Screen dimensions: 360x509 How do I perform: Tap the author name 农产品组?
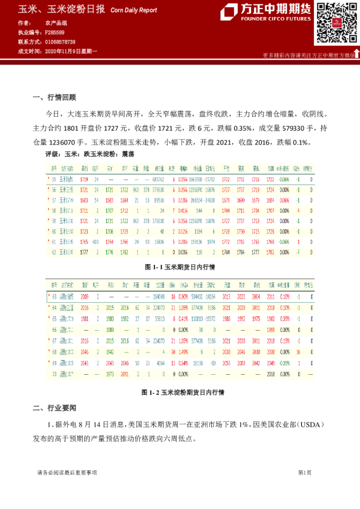(x=55, y=22)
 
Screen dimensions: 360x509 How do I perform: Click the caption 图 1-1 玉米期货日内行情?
(x=180, y=266)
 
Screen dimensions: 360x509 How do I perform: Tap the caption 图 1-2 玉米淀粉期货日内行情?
(x=182, y=392)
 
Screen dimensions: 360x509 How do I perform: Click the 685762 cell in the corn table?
(x=160, y=180)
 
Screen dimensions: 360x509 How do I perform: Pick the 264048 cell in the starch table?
(x=159, y=297)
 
